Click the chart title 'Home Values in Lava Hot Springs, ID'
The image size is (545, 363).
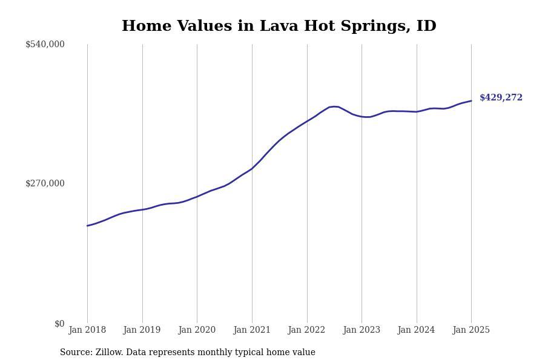tap(279, 26)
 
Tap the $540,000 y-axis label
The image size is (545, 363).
tap(45, 44)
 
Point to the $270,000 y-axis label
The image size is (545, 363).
tap(45, 183)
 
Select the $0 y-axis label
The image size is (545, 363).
tap(59, 324)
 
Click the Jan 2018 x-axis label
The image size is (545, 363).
tap(87, 330)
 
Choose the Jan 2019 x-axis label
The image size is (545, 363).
tap(142, 330)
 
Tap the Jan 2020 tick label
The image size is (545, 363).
tap(197, 330)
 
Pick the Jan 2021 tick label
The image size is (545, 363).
tap(252, 330)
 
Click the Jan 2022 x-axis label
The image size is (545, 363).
tap(307, 330)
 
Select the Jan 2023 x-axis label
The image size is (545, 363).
tap(362, 330)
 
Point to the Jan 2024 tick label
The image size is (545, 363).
tap(417, 330)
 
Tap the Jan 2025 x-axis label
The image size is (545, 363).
tap(471, 330)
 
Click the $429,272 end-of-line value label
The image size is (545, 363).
tap(501, 97)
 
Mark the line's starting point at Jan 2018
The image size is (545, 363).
tap(87, 226)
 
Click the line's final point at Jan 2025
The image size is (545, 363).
tap(471, 101)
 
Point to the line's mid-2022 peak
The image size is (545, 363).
tap(334, 106)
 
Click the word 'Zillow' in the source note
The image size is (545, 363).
tap(108, 353)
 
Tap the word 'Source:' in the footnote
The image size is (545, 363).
tap(76, 353)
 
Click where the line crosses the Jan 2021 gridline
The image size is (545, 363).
tap(252, 169)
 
